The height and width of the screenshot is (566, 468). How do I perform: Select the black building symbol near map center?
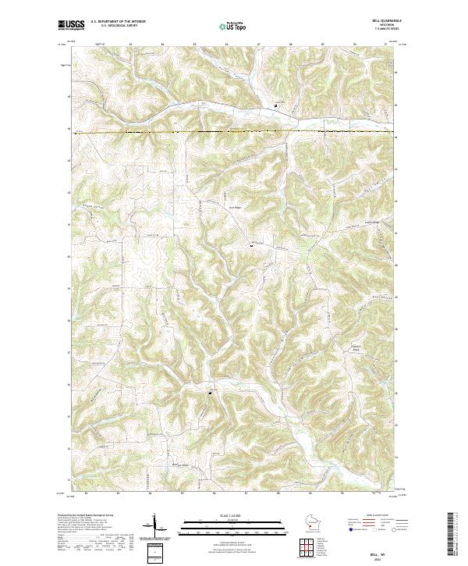[250, 247]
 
